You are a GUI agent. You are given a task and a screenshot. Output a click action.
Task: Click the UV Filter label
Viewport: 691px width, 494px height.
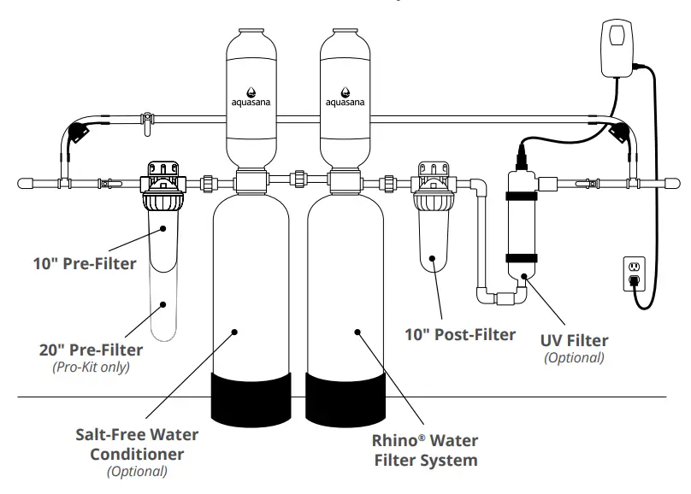[574, 340]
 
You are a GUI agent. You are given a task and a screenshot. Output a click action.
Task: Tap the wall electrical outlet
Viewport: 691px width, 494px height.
[634, 271]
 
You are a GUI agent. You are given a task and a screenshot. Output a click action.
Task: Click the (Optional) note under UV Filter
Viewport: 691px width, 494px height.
[574, 357]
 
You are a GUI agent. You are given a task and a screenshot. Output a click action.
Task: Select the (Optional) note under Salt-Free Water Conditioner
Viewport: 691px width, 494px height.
[137, 471]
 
